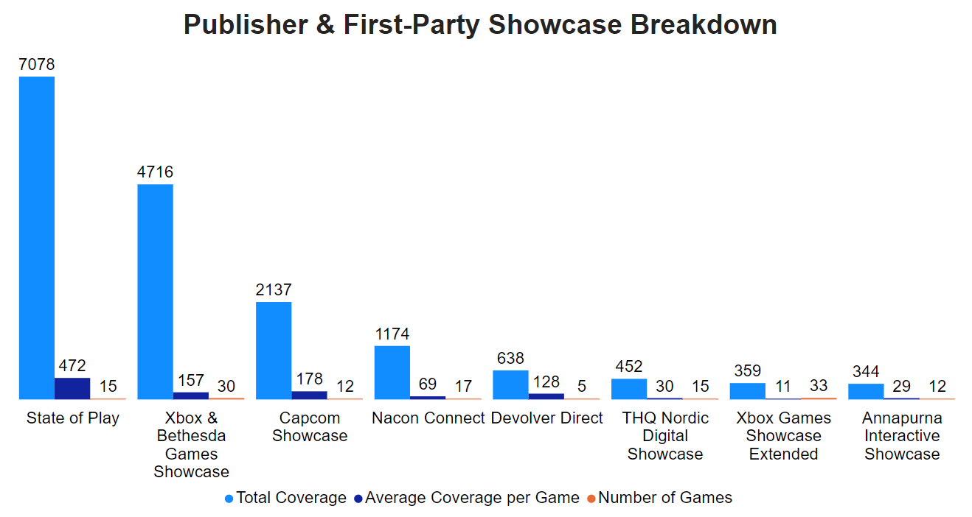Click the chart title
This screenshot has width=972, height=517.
click(x=480, y=25)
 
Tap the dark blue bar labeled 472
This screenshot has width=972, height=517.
click(x=72, y=388)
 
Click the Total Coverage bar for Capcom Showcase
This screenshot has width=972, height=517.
click(x=274, y=351)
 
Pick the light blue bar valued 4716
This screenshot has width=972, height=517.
click(x=155, y=292)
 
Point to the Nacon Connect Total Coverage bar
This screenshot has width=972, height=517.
click(x=392, y=372)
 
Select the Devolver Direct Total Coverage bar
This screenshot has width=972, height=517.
click(x=510, y=384)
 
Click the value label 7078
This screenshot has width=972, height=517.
click(x=37, y=65)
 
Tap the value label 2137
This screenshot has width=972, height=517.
click(x=274, y=290)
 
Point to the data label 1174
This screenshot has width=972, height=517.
click(x=392, y=334)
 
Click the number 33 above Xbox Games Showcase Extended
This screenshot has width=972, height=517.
click(x=819, y=386)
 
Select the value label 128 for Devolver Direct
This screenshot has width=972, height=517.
click(x=546, y=382)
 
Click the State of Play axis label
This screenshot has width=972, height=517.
click(x=73, y=418)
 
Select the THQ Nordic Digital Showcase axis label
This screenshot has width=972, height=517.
click(x=665, y=436)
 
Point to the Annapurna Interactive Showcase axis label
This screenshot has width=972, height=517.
click(x=902, y=436)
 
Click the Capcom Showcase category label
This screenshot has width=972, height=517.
click(x=310, y=427)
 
